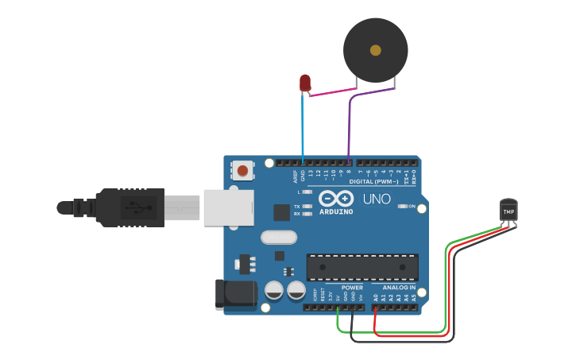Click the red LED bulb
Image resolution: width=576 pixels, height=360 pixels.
[x=305, y=82]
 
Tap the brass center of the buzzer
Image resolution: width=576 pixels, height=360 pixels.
[x=375, y=50]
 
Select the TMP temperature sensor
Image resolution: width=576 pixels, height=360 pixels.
[x=508, y=211]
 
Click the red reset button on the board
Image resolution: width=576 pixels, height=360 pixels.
[x=243, y=170]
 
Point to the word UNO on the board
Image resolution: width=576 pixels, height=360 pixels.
[x=377, y=199]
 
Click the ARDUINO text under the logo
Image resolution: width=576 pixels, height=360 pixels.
[x=336, y=211]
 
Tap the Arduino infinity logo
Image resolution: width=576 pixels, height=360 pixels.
[x=336, y=198]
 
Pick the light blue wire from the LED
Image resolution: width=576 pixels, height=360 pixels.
[x=303, y=127]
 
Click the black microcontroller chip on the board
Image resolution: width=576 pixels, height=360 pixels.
[x=362, y=268]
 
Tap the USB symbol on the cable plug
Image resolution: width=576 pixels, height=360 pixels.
[x=138, y=209]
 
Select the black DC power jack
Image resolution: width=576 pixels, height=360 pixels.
[x=236, y=292]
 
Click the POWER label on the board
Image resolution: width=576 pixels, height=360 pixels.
[x=352, y=287]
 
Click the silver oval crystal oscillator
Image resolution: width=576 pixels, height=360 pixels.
[x=278, y=237]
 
